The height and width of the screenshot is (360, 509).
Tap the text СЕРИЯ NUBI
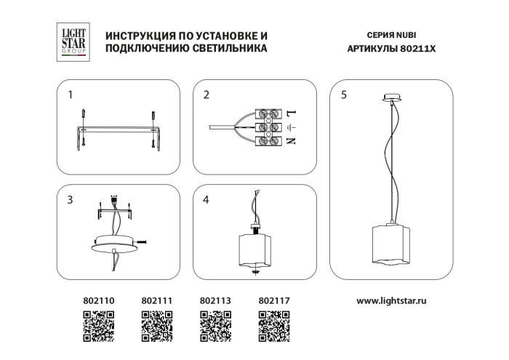point(393,35)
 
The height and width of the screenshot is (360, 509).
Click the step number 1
point(71,95)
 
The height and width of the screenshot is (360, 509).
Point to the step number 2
point(207,95)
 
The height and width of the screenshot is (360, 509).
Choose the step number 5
point(344,95)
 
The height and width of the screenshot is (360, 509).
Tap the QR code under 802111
point(156,326)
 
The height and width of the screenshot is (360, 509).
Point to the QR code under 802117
point(274,326)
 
